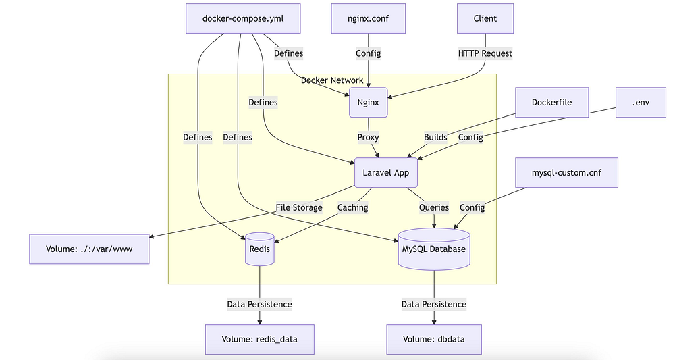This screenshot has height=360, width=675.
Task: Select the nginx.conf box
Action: pos(369,18)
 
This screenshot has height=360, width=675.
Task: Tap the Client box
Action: pos(485,18)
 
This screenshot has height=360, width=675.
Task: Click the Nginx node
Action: pos(369,103)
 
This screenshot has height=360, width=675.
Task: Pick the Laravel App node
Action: pos(385,173)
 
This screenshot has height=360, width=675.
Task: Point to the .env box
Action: pos(641,103)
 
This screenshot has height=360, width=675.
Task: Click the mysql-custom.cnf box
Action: pos(566,173)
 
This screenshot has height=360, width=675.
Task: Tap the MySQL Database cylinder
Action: pos(433,249)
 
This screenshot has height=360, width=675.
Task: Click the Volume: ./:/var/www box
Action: pos(89,249)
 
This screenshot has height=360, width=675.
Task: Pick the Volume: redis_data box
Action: pos(260,339)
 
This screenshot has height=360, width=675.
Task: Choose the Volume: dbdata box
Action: pos(434,339)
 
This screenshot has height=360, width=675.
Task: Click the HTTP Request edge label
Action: pos(485,53)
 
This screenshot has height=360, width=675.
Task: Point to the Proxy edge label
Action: pos(369,137)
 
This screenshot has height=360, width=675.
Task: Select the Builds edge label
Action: pos(435,137)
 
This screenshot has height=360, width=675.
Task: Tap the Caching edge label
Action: pos(353,207)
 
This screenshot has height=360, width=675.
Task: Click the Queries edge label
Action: pos(433,207)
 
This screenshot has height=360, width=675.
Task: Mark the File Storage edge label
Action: pos(299,207)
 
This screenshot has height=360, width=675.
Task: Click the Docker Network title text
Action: pos(332,80)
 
